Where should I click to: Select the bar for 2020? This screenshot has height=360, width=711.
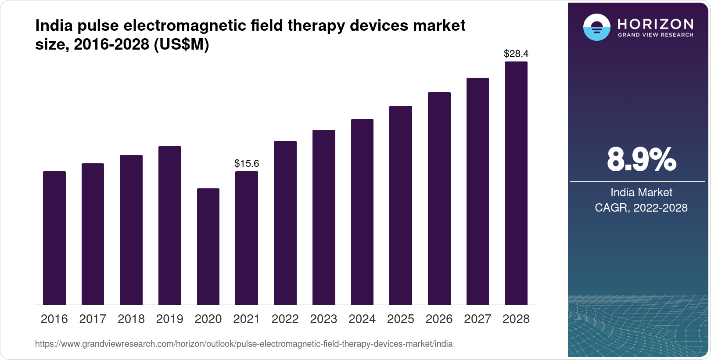(x=208, y=246)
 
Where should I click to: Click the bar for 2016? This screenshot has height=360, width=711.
(x=54, y=238)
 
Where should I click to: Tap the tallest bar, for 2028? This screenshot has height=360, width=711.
(x=516, y=183)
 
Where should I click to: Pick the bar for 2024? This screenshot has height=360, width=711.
(x=362, y=212)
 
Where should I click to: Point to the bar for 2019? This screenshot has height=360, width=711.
(x=170, y=225)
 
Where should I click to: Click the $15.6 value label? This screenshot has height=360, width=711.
(x=247, y=164)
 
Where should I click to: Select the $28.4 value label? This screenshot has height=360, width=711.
(x=516, y=54)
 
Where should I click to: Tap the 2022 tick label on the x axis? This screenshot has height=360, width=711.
(x=285, y=319)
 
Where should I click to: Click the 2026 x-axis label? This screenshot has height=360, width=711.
(x=439, y=319)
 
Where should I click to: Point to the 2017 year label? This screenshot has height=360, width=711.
(x=93, y=319)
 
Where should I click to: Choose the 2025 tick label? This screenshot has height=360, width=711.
(x=400, y=319)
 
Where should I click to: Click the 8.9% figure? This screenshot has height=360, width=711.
(x=641, y=160)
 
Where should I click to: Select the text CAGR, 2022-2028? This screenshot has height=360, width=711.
(x=641, y=208)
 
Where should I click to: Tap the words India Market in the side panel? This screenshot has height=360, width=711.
(x=641, y=192)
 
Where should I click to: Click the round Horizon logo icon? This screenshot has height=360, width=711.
(x=596, y=27)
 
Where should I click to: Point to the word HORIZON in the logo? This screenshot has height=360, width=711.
(x=655, y=24)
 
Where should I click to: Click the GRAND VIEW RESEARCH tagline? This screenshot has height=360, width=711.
(x=655, y=35)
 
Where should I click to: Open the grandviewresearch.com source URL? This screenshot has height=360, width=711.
(x=244, y=344)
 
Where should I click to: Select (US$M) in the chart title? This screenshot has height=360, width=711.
(x=181, y=44)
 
